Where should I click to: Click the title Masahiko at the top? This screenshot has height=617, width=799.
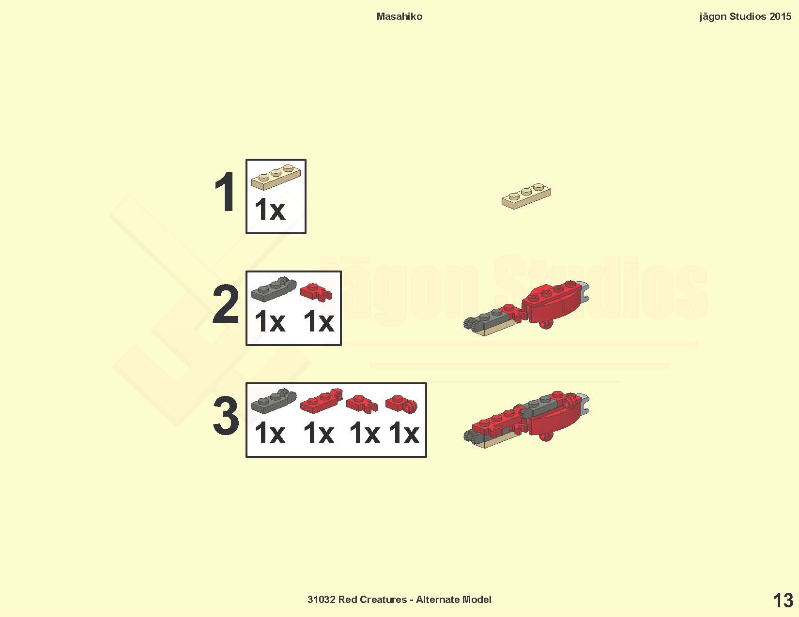click(399, 16)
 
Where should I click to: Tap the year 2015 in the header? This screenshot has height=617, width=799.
click(780, 16)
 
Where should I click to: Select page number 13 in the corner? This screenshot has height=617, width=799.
click(783, 601)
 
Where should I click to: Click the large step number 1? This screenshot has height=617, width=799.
click(225, 192)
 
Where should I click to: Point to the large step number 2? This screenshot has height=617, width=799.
click(225, 304)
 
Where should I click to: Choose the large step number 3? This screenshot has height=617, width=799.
click(226, 416)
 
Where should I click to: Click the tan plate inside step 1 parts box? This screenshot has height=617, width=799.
click(276, 177)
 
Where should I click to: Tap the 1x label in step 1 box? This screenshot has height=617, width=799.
click(270, 210)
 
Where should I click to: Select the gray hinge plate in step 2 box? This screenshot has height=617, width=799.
click(274, 289)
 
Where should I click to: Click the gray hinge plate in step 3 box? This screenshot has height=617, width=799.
click(274, 401)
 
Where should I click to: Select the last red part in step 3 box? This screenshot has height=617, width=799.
click(401, 404)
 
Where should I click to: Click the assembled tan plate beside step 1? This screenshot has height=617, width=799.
click(526, 196)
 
